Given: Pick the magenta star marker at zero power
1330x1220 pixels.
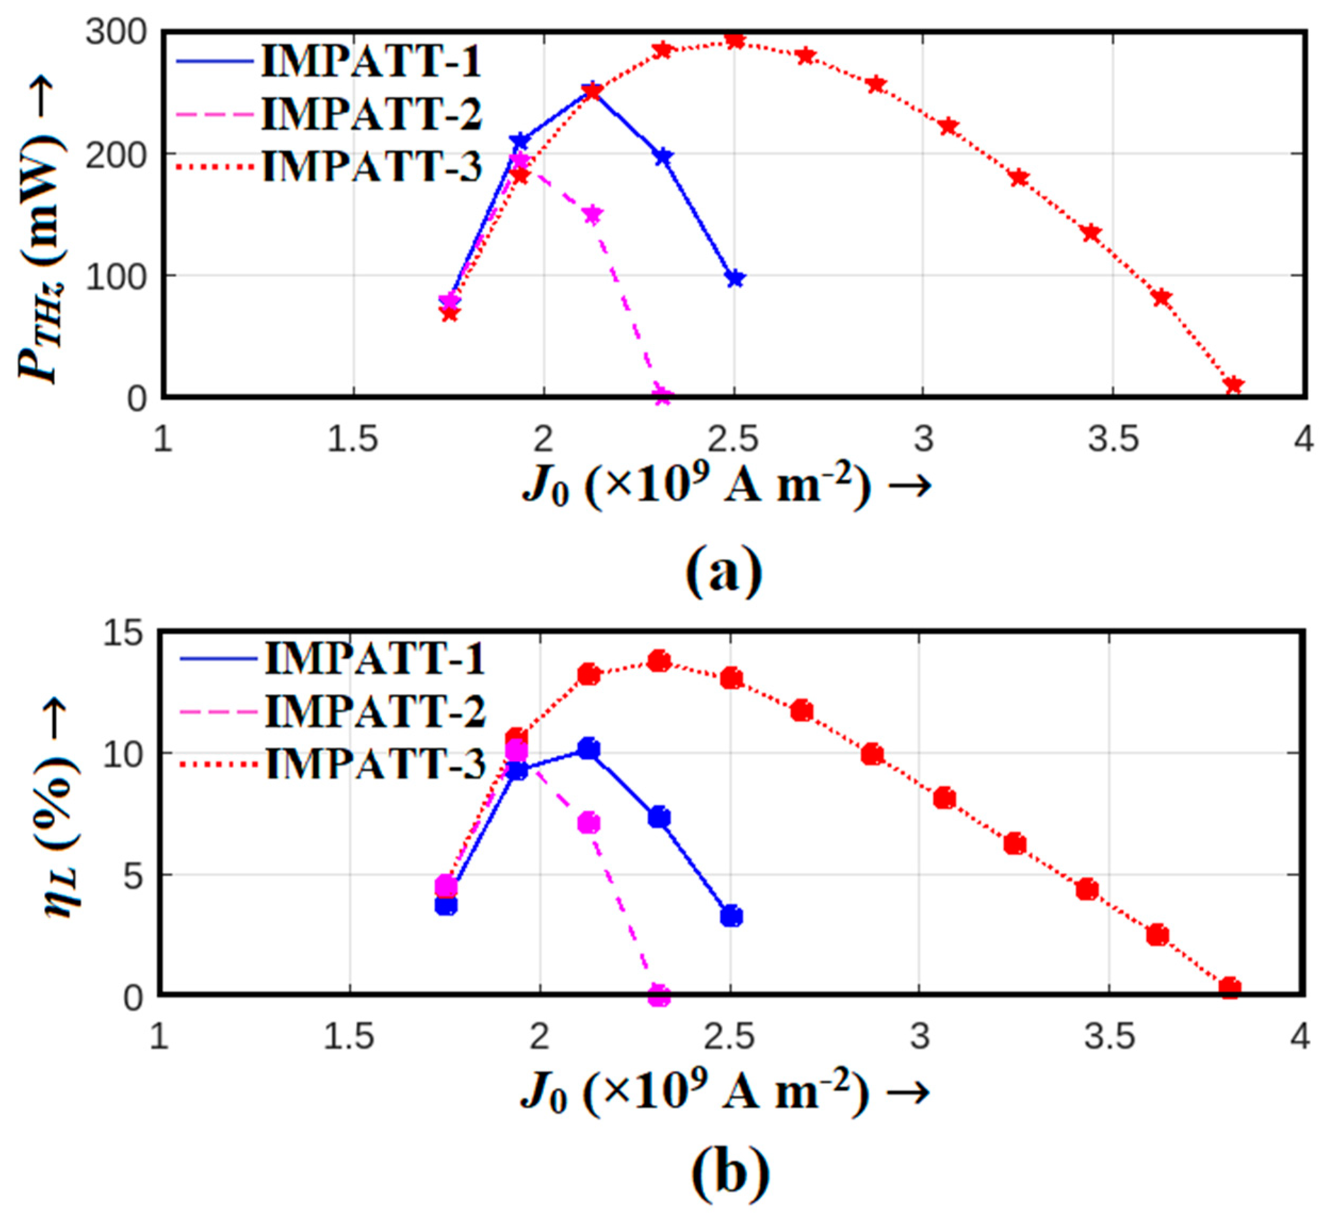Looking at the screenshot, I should (x=662, y=397).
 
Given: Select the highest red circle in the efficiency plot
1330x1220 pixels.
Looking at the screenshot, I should (x=659, y=661).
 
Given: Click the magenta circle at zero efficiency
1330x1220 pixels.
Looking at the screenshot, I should (x=659, y=995).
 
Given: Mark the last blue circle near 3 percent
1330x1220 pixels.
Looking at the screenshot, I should (x=731, y=916).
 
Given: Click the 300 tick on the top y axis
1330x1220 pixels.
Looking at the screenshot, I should (x=115, y=32).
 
